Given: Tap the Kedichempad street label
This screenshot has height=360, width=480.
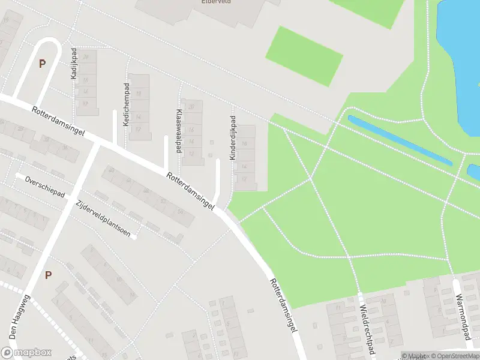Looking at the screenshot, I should point(126,104).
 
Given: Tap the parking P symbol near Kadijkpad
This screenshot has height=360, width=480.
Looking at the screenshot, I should point(42,64).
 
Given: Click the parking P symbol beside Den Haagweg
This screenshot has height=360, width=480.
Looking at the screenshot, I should point(48,275).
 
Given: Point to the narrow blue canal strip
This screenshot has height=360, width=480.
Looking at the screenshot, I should point(400,140).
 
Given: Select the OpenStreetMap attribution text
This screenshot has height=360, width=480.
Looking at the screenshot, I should point(456,356).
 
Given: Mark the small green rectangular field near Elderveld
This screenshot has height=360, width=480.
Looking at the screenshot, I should point(304,56).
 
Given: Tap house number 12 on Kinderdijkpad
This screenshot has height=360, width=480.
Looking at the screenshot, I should point(244,179).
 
